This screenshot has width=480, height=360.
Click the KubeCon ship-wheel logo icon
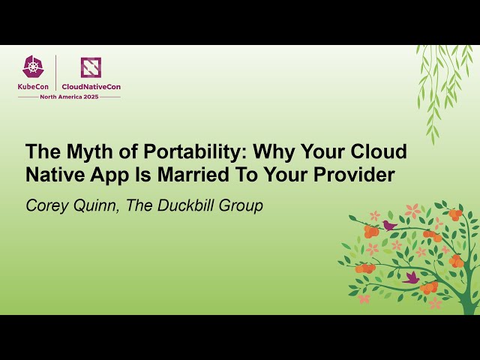pos(33,67)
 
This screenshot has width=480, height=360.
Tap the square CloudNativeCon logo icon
pos(91,67)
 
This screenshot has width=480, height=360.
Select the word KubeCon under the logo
pos(34,86)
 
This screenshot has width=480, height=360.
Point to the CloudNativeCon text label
pos(91,86)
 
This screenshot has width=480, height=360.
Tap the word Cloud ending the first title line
pos(379,151)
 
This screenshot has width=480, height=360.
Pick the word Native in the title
pos(55,177)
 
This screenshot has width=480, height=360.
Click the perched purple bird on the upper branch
pos(388,224)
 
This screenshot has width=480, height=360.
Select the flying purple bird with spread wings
pos(411,277)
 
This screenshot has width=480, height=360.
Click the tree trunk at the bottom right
pos(466,300)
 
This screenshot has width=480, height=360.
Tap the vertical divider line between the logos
pos(57,73)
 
